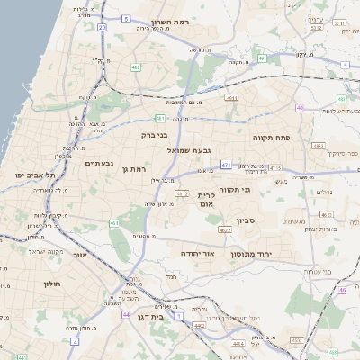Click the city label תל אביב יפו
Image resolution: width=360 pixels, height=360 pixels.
[x=34, y=174]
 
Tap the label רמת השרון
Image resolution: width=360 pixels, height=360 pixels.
[x=167, y=20]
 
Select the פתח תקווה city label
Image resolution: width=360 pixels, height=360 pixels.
[x=270, y=138]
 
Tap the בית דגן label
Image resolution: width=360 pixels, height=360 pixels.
[x=150, y=317]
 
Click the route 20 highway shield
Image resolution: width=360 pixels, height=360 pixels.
[x=103, y=28]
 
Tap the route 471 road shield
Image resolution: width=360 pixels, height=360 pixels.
[x=226, y=165]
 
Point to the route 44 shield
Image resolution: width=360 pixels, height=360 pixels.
[x=126, y=314]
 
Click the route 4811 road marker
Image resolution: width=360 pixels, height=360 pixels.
[x=232, y=97]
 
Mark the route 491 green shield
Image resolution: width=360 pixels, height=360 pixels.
[x=262, y=58]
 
